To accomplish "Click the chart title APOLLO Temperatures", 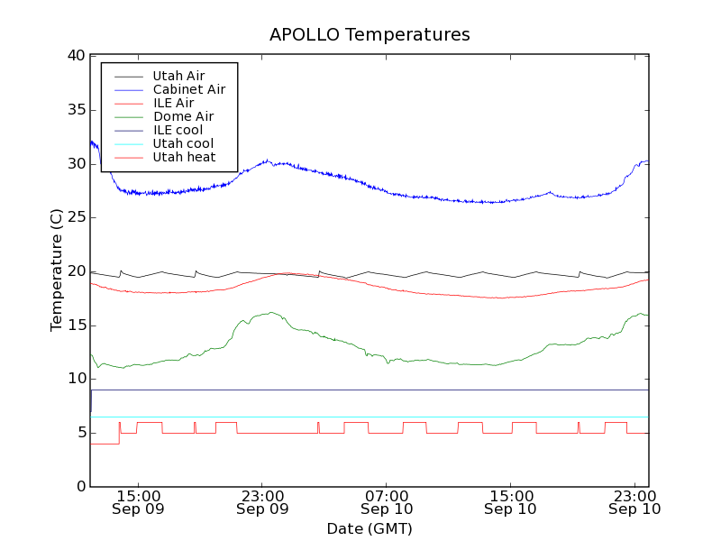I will [x=370, y=35].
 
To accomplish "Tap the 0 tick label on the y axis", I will [x=79, y=487].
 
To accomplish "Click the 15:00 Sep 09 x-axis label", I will [x=138, y=502].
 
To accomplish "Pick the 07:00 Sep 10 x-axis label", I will [x=387, y=502].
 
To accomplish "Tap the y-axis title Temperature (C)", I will [x=57, y=270].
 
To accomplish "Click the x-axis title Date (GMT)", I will [x=370, y=528].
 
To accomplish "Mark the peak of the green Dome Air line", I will [x=270, y=313].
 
